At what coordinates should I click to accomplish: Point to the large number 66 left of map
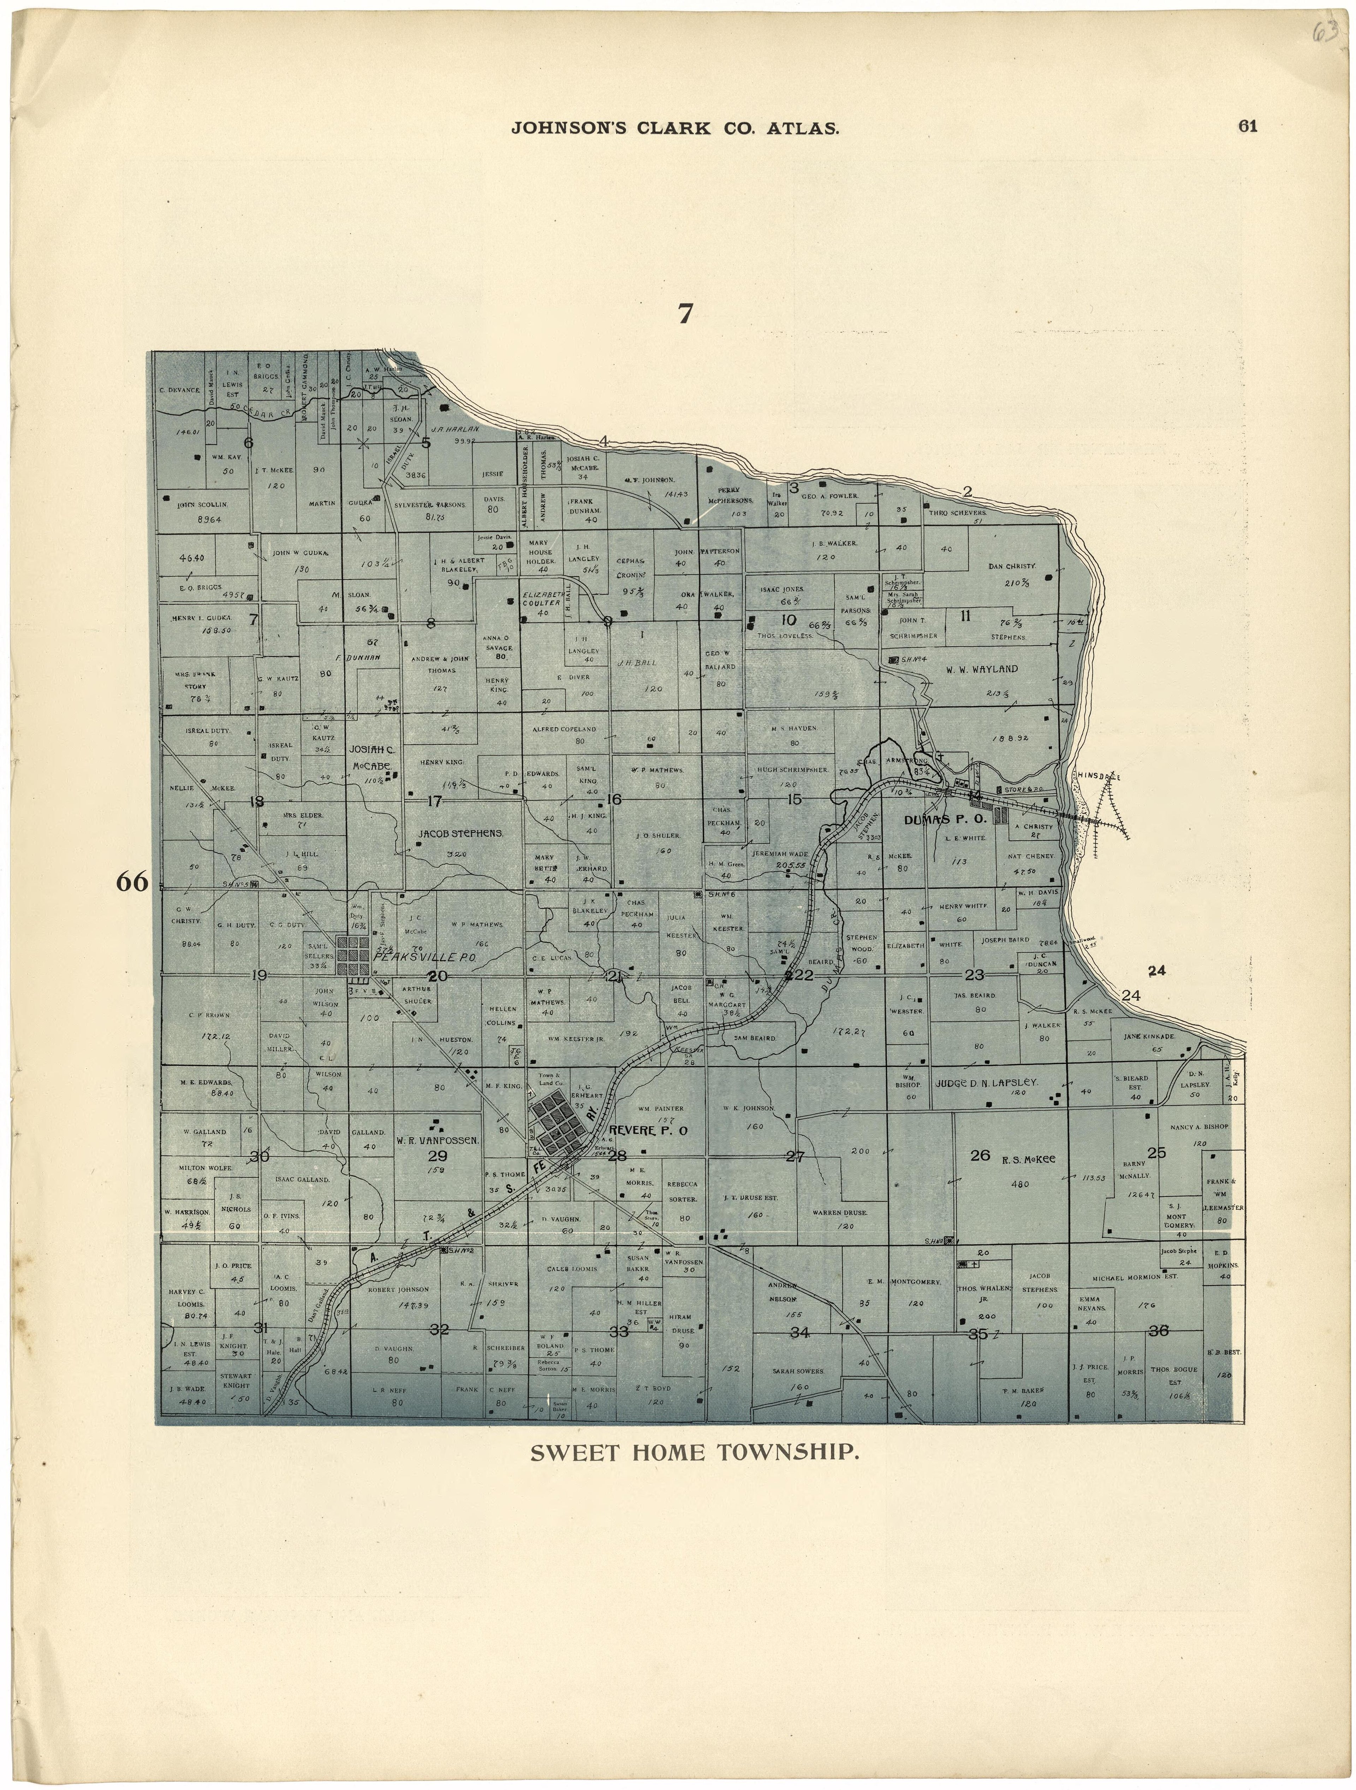[132, 882]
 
